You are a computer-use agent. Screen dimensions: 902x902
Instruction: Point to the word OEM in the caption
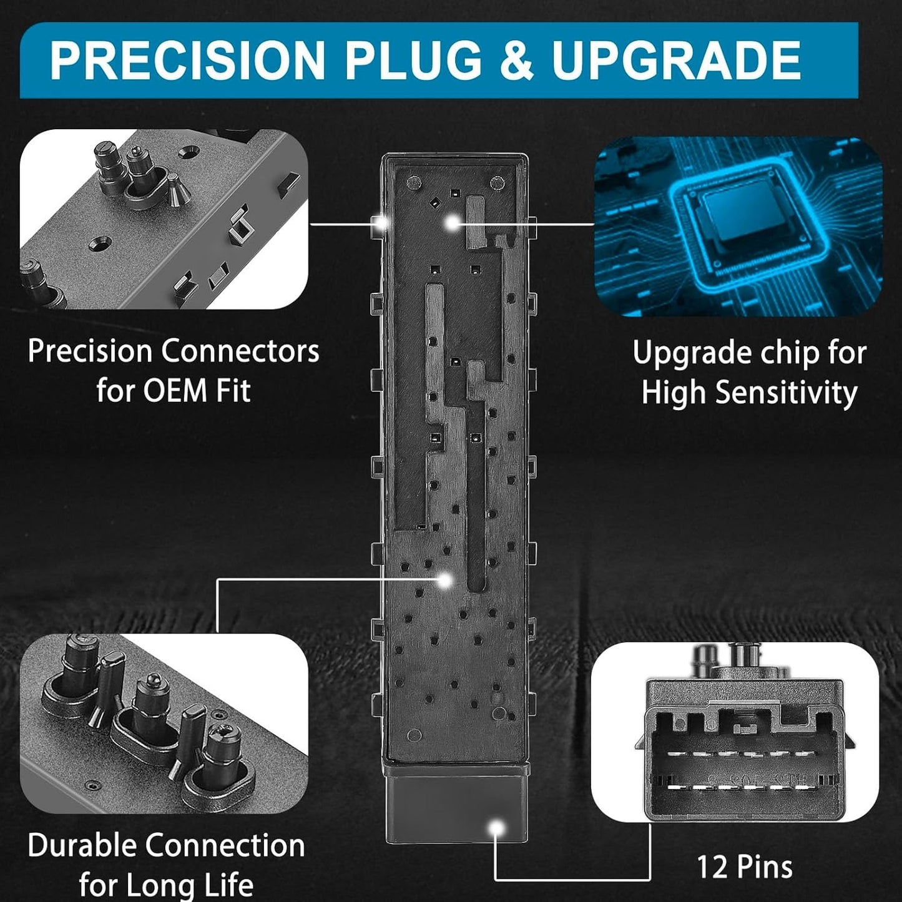[174, 390]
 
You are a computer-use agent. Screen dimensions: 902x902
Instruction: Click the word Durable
[83, 845]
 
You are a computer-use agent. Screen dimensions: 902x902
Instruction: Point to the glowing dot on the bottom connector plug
[497, 828]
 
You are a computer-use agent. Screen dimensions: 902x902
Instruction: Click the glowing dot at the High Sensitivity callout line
[452, 223]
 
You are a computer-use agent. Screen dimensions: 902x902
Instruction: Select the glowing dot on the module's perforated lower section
[446, 581]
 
